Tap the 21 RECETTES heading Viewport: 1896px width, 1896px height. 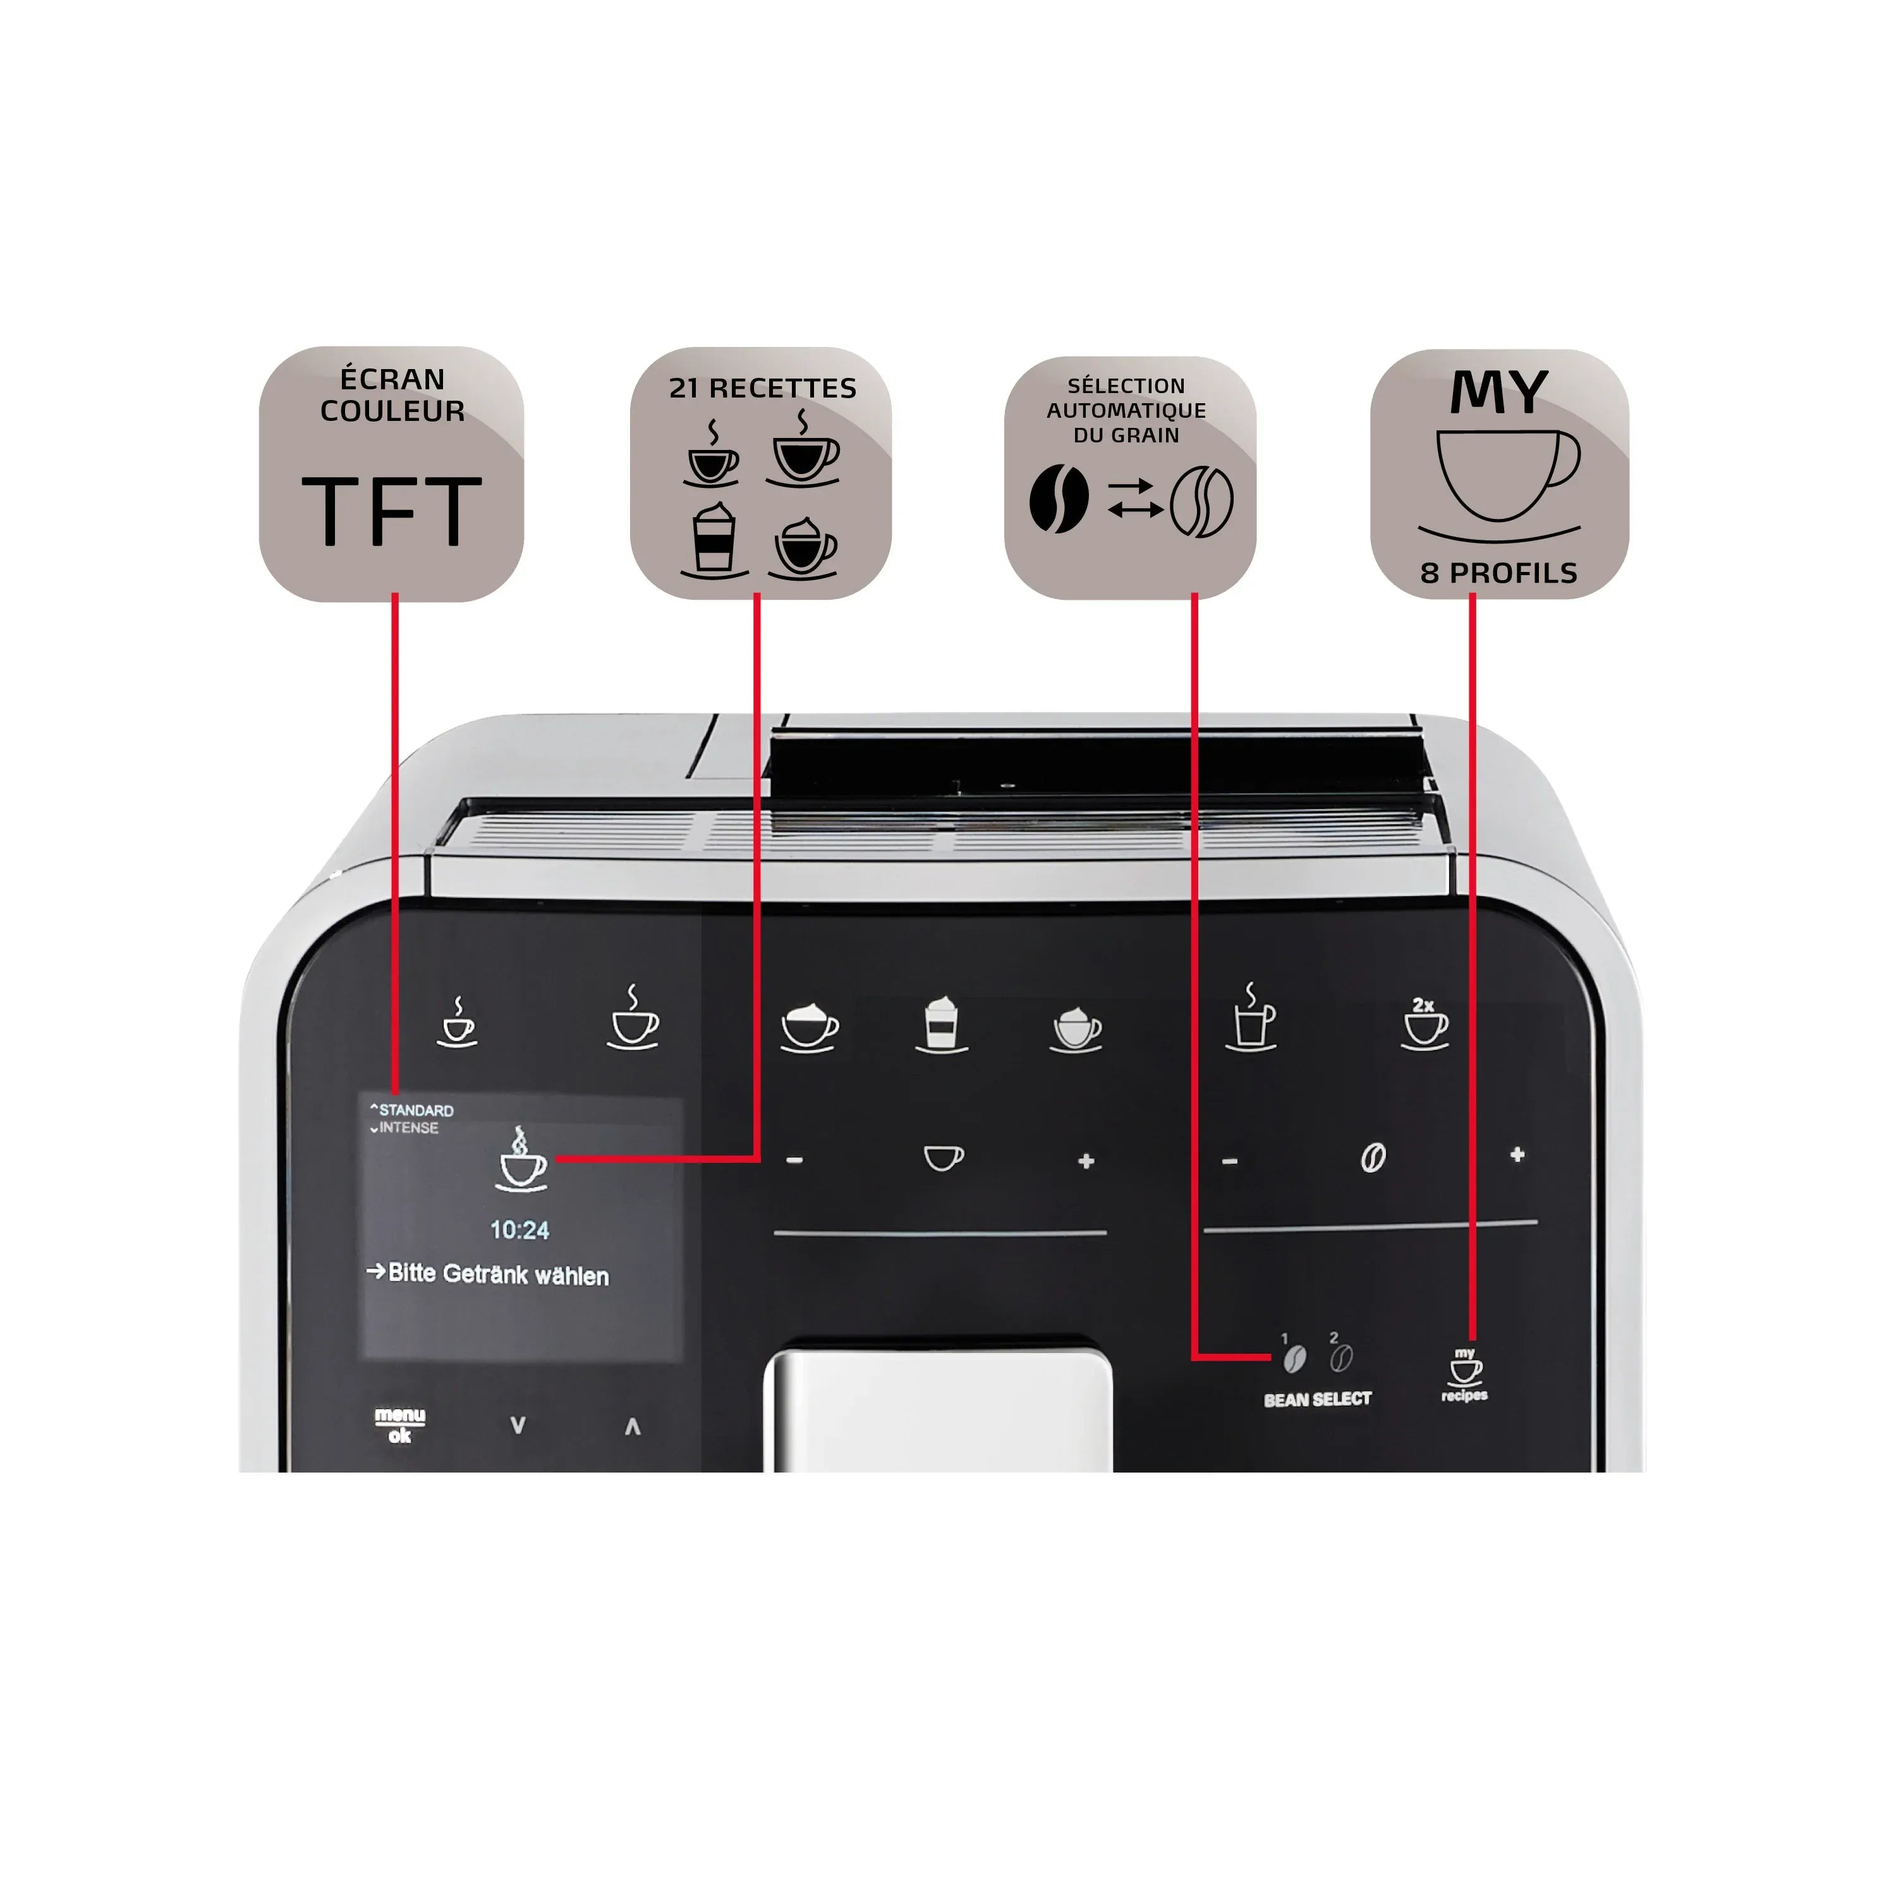(x=763, y=389)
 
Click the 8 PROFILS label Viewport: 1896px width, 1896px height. (x=1498, y=573)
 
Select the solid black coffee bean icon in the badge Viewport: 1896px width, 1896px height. (x=1059, y=499)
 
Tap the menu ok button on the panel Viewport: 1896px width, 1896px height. (x=399, y=1424)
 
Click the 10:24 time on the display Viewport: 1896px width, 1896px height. (x=519, y=1230)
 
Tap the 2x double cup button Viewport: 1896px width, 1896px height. (x=1424, y=1024)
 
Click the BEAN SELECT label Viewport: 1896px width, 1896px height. (x=1317, y=1399)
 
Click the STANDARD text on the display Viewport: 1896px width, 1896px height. (x=415, y=1110)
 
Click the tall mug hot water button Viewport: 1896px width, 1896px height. (x=1252, y=1019)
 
